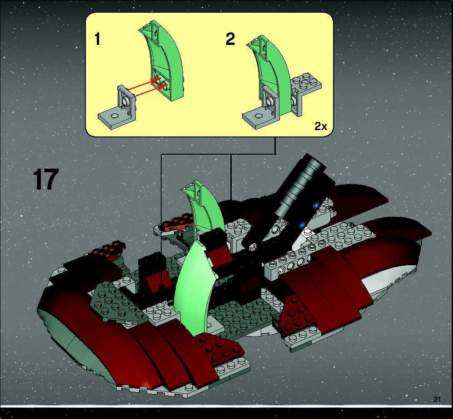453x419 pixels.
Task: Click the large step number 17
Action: point(46,180)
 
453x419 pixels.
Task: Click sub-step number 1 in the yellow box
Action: point(98,39)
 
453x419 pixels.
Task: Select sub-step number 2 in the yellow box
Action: point(230,39)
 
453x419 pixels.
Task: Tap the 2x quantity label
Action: point(321,126)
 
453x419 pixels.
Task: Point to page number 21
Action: point(437,400)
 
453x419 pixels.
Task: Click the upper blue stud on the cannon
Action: point(315,205)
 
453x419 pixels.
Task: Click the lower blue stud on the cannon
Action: point(302,224)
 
